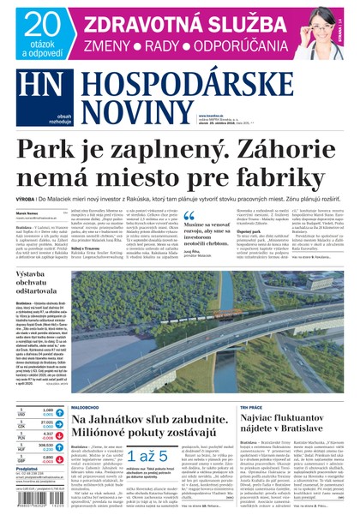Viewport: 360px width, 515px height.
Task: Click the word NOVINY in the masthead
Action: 136,109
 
